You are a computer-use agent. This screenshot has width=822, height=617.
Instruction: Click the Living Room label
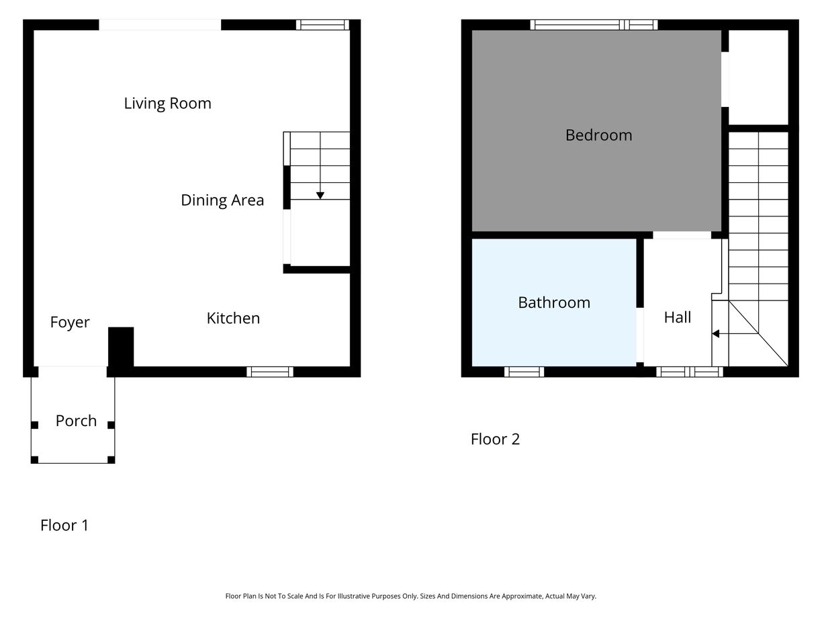coord(167,104)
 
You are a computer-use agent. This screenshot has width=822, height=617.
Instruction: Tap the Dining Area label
coord(222,200)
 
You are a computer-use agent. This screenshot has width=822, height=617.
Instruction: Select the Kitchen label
coord(233,319)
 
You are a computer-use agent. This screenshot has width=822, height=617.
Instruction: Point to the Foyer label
coord(70,323)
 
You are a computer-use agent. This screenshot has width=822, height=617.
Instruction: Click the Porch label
coord(76,421)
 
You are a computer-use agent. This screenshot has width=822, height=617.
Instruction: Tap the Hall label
coord(677,317)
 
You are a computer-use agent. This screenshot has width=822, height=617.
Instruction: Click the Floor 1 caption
coord(64,526)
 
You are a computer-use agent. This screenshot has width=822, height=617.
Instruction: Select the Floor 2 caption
coord(495,440)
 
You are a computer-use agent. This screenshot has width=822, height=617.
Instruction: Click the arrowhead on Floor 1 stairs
coord(320,196)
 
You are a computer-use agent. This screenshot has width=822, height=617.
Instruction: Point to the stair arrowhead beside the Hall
coord(716,333)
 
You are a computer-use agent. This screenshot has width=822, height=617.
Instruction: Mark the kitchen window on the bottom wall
coord(270,372)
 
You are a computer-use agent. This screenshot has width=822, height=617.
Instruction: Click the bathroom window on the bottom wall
coord(524,372)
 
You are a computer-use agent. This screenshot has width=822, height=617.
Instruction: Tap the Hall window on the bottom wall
coord(690,372)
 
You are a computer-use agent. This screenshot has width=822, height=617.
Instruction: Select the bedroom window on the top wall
coord(594,25)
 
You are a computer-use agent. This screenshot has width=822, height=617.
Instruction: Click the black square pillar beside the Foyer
coord(121,347)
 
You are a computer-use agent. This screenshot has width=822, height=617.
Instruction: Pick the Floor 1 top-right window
coord(322,25)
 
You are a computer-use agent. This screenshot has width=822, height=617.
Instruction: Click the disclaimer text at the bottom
coord(410,596)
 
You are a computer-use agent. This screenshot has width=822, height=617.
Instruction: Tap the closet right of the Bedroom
coord(758,77)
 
